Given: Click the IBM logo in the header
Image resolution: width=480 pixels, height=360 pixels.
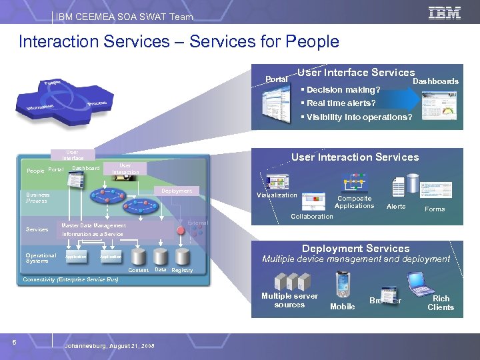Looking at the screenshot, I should tap(445, 13).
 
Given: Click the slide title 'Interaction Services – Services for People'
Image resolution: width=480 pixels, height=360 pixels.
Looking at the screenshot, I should tap(179, 42).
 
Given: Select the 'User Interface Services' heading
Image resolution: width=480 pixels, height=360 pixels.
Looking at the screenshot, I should tap(356, 73).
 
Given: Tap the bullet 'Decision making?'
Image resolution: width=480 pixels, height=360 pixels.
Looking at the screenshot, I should tap(342, 90).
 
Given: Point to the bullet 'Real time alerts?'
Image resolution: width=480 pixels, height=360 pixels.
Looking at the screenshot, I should tap(339, 103).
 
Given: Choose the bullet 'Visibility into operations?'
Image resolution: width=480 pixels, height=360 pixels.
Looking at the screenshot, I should tap(357, 117).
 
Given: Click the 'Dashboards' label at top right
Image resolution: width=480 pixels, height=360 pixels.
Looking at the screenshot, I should tap(436, 81).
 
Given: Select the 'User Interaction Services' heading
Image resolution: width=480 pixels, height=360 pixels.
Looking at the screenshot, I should tap(355, 157).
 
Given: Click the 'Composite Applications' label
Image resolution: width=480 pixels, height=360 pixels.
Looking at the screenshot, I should tap(354, 202).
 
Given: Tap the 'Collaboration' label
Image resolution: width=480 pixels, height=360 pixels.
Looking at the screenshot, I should tap(311, 216).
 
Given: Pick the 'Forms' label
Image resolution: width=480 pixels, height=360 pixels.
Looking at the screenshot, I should tap(435, 209).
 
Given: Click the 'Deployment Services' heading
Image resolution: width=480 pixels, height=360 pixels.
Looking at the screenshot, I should tap(355, 248).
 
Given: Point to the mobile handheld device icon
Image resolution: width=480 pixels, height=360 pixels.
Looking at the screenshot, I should tap(343, 285).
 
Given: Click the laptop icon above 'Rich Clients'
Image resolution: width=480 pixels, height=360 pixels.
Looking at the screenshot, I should tap(421, 283).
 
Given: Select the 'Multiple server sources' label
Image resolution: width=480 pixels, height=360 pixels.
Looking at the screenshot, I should tap(289, 301).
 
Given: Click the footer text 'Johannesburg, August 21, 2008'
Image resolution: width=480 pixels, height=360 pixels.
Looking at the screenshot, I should tap(109, 346).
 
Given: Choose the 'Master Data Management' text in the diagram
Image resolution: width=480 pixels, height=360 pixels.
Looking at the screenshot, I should tap(93, 225).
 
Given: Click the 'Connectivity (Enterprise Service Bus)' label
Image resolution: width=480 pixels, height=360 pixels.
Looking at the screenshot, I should tap(70, 279).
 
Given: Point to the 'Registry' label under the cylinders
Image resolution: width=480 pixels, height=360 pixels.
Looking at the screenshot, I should tap(182, 270).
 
